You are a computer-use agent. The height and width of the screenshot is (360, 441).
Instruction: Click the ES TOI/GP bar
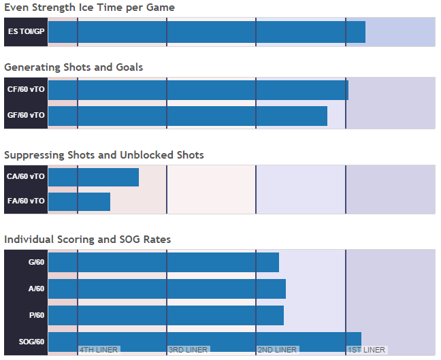(x=207, y=32)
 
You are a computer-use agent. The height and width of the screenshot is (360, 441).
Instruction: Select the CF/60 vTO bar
(x=198, y=90)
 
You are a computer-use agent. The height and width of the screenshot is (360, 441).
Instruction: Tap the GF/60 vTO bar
(x=188, y=116)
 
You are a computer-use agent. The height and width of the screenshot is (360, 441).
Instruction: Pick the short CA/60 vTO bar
(x=93, y=177)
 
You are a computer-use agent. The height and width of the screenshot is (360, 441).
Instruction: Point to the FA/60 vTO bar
(x=79, y=201)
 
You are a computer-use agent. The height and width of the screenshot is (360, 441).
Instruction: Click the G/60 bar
(x=163, y=263)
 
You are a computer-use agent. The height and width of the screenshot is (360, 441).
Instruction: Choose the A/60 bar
(x=167, y=289)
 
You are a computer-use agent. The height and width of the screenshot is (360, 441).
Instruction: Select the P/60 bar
(x=166, y=315)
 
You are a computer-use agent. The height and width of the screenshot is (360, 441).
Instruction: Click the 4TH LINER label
(x=99, y=350)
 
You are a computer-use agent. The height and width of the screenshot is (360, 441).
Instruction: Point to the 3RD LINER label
(x=188, y=350)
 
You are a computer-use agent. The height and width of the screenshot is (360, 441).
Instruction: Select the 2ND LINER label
(x=277, y=350)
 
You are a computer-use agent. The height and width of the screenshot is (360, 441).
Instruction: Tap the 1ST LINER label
(x=366, y=350)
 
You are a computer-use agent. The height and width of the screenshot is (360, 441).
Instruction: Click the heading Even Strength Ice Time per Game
(x=89, y=8)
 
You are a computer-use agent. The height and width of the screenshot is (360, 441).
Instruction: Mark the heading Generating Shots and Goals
(x=73, y=67)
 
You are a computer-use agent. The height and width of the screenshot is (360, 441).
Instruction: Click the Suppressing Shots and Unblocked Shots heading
(x=104, y=155)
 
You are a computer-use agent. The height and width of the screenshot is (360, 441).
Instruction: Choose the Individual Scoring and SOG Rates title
(x=88, y=240)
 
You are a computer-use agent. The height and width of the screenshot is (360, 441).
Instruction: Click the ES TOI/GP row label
(x=26, y=32)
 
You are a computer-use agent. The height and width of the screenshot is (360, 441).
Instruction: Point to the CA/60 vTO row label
(x=26, y=177)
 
